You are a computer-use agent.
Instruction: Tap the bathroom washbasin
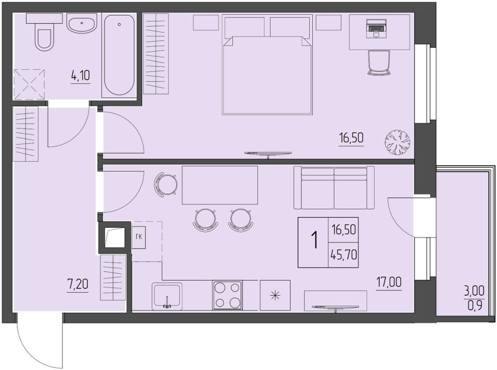point(82,24)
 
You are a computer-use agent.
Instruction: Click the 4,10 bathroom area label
point(81,76)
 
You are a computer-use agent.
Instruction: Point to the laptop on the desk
point(376,28)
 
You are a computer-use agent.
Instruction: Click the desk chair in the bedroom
point(378,63)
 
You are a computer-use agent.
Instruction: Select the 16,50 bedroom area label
point(351,139)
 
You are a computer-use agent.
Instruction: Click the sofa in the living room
point(334,188)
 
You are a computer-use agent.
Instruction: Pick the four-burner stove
point(228,295)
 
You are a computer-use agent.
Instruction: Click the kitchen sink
point(167,296)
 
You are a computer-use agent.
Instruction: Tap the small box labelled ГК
point(139,237)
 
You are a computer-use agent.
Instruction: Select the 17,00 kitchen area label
point(389,282)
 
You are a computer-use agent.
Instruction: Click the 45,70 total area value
point(344,254)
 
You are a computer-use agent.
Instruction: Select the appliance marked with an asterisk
point(275,295)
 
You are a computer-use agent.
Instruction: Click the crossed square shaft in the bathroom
point(29,84)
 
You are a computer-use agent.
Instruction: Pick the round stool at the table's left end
point(165,183)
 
